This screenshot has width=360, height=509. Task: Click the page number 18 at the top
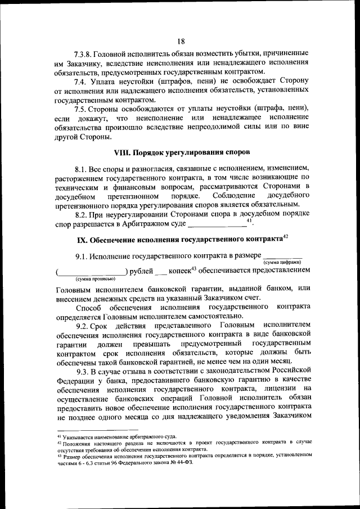[181, 40]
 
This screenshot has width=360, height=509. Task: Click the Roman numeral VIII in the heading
[124, 152]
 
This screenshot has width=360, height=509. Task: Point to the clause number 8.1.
[82, 169]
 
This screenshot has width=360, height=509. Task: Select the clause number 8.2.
[82, 215]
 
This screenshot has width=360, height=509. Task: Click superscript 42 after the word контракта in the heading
[285, 238]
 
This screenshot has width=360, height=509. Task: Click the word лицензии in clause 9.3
[278, 389]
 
